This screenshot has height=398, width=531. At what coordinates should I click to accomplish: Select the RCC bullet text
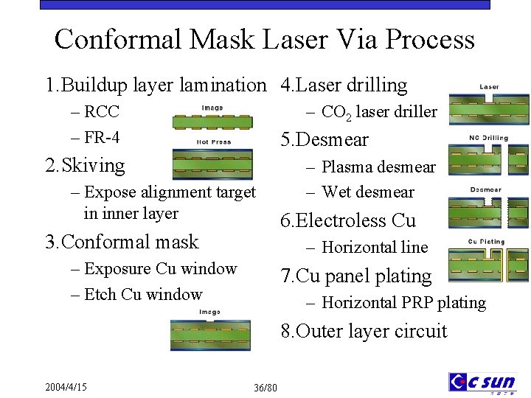point(102,112)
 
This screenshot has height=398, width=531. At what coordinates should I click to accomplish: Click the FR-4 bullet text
point(103,138)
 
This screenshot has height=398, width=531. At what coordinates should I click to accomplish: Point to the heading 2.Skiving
point(85,165)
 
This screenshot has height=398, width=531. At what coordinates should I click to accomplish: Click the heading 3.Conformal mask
point(122,242)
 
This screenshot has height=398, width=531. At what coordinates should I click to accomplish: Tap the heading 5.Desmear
point(324,139)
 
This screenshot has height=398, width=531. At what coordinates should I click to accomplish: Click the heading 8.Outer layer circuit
point(364,331)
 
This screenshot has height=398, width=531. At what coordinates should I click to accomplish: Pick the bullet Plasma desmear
point(378,167)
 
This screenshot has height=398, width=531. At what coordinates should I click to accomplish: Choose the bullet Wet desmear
point(368,192)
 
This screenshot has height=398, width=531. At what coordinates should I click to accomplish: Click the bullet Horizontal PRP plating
point(403,302)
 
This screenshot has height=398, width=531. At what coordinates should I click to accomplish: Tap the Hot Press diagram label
point(214,142)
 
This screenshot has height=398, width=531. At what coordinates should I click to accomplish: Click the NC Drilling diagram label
point(488,138)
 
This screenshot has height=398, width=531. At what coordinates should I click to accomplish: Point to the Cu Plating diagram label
point(487,241)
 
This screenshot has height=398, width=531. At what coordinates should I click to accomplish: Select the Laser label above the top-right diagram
point(489,87)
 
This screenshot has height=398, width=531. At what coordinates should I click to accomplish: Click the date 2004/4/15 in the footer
point(66,387)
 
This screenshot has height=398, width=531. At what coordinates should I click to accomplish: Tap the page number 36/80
point(265,388)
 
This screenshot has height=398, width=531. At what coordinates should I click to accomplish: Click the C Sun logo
point(482,382)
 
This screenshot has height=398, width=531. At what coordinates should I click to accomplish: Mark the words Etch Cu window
point(143,295)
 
